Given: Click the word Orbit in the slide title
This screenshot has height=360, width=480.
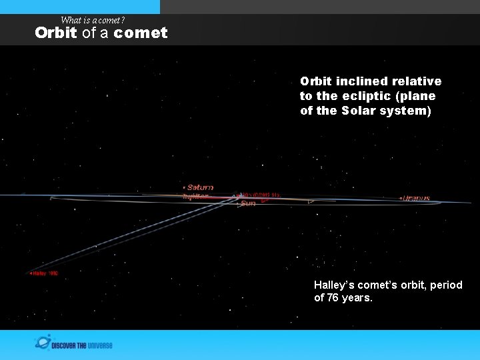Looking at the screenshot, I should click(x=56, y=33).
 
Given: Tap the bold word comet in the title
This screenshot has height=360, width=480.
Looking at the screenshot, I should click(x=141, y=33).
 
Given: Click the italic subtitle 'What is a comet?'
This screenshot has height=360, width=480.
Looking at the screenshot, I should click(x=93, y=20).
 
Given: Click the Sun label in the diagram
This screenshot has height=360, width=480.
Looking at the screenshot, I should click(x=248, y=203).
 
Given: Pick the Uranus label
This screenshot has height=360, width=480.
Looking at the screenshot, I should click(x=417, y=198).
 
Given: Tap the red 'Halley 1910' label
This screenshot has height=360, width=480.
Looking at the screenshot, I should click(x=45, y=273).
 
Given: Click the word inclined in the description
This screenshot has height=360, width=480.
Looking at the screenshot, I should click(x=364, y=81).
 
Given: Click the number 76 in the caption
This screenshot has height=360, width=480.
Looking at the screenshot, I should click(x=332, y=297).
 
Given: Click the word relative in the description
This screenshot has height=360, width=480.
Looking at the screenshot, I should click(x=417, y=81).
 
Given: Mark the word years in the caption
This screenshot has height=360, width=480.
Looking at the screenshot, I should click(x=357, y=297).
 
